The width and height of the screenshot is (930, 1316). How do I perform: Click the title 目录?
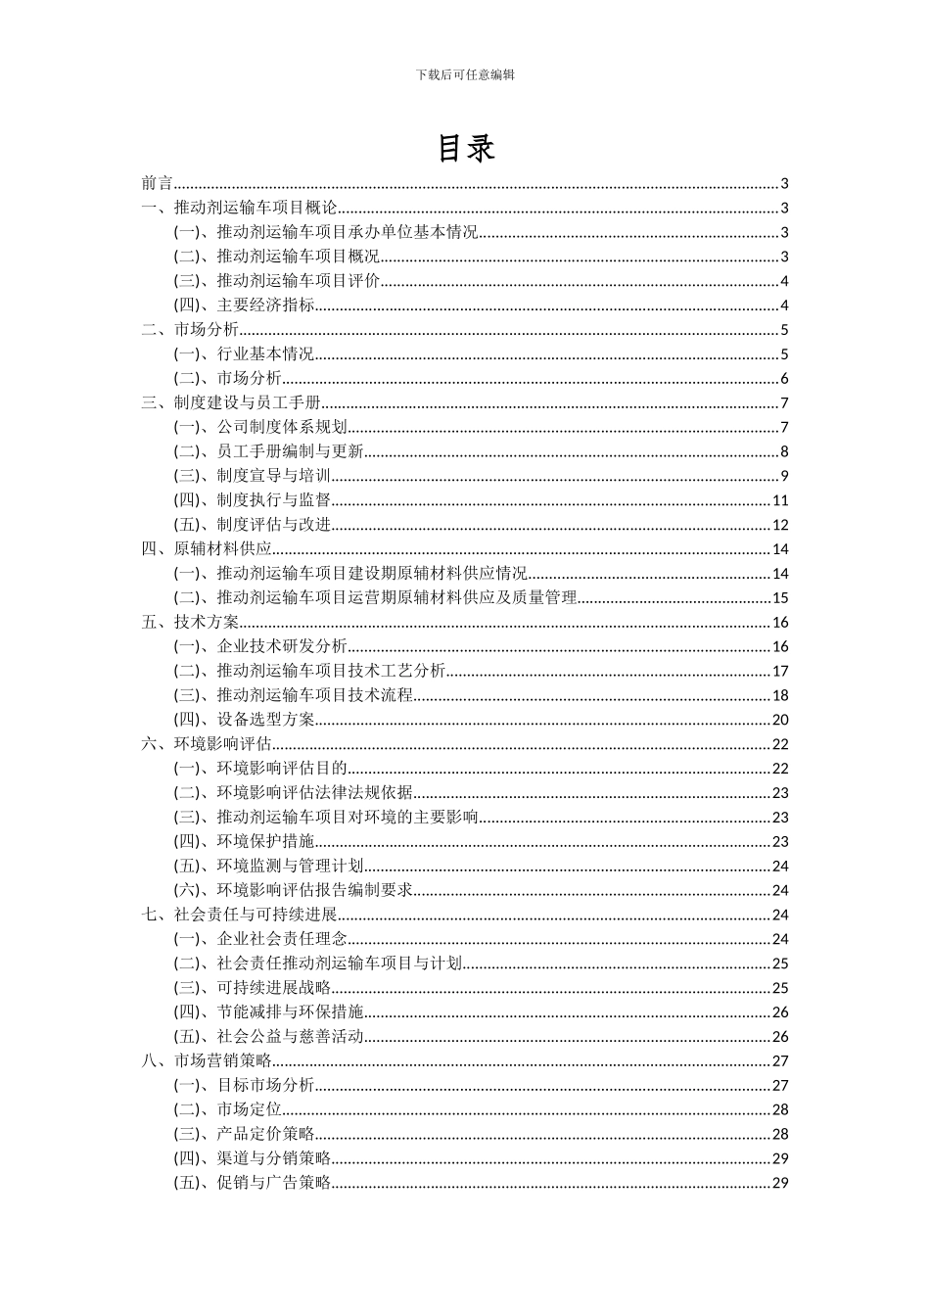click(x=465, y=148)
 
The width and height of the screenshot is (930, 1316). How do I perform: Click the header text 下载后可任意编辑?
click(x=465, y=74)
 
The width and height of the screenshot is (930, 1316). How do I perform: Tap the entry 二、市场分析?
click(x=190, y=330)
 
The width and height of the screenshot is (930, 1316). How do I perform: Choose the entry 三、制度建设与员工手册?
click(x=231, y=402)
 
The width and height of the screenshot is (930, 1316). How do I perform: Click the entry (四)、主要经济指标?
click(x=245, y=305)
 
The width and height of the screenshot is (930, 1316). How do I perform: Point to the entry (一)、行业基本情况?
click(x=245, y=354)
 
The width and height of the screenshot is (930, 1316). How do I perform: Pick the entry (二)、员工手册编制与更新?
click(x=269, y=451)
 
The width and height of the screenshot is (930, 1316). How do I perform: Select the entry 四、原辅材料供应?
click(x=207, y=549)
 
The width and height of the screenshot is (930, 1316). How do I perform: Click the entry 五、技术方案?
click(x=190, y=622)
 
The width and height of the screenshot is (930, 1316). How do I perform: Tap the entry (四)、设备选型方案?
click(x=245, y=720)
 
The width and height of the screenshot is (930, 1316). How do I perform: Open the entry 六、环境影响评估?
click(x=207, y=744)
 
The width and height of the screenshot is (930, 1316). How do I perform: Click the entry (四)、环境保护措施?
click(x=245, y=841)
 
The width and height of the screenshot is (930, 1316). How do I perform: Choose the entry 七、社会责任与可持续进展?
click(x=239, y=915)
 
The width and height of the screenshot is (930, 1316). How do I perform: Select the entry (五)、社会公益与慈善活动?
click(x=269, y=1036)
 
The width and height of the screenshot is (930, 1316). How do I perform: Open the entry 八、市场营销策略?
click(x=207, y=1060)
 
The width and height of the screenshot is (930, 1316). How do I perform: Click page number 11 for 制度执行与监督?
click(x=780, y=500)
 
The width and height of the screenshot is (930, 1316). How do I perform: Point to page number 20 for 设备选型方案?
click(x=780, y=720)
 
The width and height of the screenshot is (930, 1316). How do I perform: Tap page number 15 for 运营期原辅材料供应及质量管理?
click(x=780, y=598)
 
